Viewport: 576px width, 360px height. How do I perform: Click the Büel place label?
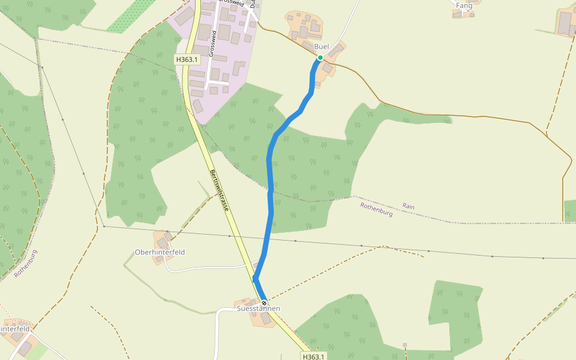click(x=322, y=47)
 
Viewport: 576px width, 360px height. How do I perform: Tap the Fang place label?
click(x=464, y=6)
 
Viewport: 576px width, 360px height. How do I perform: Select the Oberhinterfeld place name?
click(x=160, y=253)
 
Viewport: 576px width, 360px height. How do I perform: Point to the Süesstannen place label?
click(x=258, y=308)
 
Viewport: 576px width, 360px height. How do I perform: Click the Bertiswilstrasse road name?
click(x=219, y=191)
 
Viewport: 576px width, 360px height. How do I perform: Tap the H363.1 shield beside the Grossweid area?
click(x=187, y=59)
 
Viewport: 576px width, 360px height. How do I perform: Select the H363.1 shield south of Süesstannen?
click(x=313, y=356)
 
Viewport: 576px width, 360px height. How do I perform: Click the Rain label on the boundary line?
click(x=408, y=206)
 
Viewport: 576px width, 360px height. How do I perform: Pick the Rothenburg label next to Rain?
click(x=376, y=209)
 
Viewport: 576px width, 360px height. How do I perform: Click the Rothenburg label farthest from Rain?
click(x=26, y=263)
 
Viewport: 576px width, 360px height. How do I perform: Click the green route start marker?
click(x=320, y=58)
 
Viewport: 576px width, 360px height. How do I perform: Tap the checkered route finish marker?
click(x=263, y=302)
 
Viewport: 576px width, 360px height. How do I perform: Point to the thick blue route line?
click(x=270, y=180)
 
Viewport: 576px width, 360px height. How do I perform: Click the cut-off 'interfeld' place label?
click(x=14, y=329)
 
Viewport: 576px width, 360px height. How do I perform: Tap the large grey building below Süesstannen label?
click(x=266, y=318)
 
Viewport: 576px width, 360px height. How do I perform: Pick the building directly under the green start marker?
click(x=327, y=68)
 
